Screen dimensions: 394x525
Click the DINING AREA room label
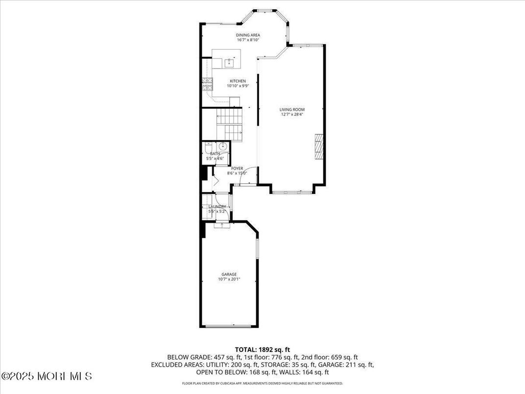pos(248,35)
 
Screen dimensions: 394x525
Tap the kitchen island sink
pos(229,62)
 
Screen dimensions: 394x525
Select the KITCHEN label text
pos(238,81)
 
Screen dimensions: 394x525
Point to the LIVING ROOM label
pos(292,110)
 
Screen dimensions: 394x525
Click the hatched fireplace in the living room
pos(319,146)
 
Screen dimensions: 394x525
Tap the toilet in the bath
pos(208,148)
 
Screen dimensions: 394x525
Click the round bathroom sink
pos(222,146)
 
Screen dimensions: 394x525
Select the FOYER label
pos(237,169)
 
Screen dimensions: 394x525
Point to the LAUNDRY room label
pos(217,207)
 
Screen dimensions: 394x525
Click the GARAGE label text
pos(229,274)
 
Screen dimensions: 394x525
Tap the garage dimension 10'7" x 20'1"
pos(229,279)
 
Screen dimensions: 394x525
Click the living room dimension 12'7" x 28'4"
pos(292,115)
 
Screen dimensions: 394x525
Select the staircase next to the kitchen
pos(230,124)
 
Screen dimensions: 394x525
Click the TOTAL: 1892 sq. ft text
pos(262,349)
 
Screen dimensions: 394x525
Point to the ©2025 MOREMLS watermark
pos(47,376)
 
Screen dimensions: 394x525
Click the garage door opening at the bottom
pos(229,325)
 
